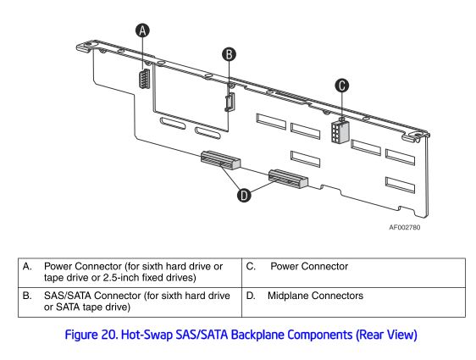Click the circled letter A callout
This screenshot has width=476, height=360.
coord(142,30)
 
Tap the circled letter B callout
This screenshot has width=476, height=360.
coord(229,54)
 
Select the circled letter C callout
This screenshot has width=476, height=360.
coord(342,86)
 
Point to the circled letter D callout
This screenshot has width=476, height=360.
coord(244,195)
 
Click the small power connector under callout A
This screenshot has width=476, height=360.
coord(145,79)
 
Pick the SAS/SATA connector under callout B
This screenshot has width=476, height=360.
coord(230,102)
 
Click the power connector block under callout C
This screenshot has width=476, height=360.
coord(340,132)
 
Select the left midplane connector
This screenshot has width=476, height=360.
coord(221,160)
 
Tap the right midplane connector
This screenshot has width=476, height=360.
coord(288,179)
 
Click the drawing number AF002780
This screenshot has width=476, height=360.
coord(405,227)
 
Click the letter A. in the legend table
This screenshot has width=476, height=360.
coord(27,267)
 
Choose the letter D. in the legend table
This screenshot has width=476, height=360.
coord(251,296)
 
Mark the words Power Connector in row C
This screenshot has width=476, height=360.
coord(309,267)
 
